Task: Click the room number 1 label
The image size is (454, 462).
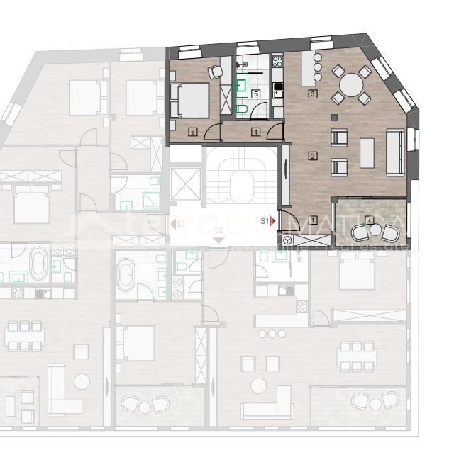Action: pos(313,220)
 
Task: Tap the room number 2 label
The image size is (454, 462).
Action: pos(313,156)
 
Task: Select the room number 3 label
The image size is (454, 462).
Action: pos(312,94)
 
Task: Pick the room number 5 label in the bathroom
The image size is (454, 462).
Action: pos(255,94)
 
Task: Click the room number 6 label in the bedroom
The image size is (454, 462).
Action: pos(193,132)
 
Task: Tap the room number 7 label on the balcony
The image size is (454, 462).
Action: pos(367,218)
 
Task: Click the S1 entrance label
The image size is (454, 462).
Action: pos(265,221)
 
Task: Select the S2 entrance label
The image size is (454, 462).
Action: pos(219,230)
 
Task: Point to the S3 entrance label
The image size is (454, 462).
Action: pos(181,224)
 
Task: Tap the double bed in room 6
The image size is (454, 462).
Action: pos(190,101)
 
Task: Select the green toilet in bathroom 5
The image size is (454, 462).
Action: pos(241,108)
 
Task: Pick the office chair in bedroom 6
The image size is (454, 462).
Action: pos(215,71)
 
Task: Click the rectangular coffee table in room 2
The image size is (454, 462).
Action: pos(367,152)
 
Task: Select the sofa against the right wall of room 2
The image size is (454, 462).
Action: pos(394,152)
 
